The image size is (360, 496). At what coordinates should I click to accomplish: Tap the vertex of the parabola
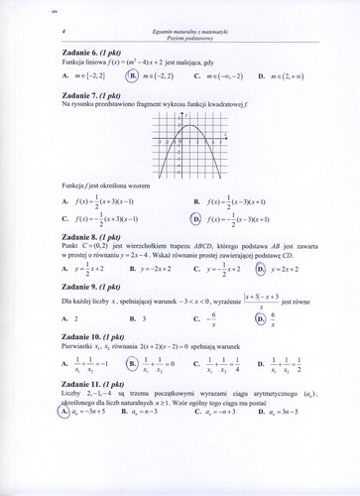click(x=199, y=125)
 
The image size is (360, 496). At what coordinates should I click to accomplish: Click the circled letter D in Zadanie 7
click(x=195, y=219)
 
